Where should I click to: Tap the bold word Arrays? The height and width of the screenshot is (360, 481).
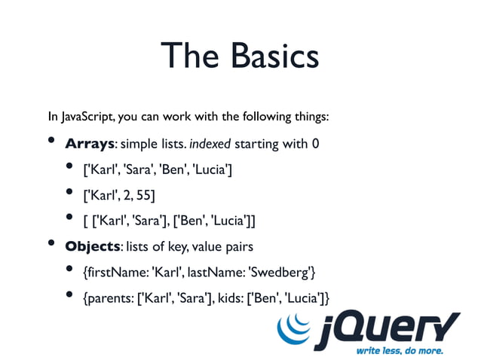tap(90, 144)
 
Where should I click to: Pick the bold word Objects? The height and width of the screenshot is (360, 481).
tap(93, 246)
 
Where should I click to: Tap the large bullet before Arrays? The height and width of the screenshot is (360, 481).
tap(52, 141)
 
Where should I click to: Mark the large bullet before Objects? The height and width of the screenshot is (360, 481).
tap(52, 243)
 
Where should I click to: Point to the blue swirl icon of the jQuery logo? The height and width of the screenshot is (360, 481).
tap(296, 329)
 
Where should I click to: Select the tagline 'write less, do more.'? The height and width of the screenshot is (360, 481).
tap(400, 351)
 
